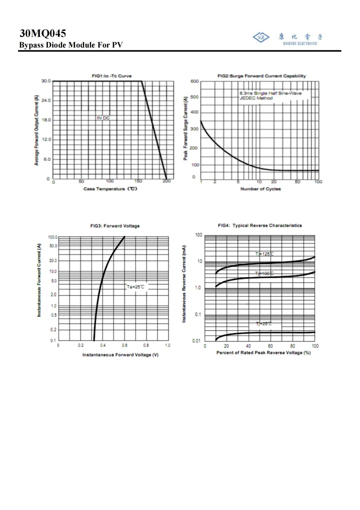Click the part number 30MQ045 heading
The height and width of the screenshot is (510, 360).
point(43,33)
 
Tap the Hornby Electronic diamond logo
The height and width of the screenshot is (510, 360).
point(261,37)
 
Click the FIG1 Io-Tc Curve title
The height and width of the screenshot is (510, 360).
point(112,76)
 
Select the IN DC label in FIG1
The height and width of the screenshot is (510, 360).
point(103,118)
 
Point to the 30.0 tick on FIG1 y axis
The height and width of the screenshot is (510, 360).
point(46,81)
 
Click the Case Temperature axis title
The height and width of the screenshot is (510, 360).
point(110,189)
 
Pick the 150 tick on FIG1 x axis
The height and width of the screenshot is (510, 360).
point(138,181)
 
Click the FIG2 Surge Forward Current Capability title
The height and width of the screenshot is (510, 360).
point(261,76)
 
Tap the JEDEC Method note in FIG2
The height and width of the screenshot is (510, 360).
point(256,98)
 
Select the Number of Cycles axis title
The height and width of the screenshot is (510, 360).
point(260,189)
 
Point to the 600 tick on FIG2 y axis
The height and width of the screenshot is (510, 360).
point(194,81)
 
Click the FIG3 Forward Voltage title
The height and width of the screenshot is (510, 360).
point(115,226)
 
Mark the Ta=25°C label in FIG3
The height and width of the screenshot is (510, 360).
point(135,287)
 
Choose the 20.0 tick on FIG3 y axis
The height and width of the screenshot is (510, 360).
point(53,261)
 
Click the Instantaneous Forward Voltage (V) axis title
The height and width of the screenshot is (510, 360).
point(120,355)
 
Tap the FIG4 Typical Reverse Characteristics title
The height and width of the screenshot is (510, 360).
point(260,226)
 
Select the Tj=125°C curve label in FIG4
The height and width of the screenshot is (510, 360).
point(264,254)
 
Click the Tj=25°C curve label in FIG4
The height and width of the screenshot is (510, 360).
point(264,324)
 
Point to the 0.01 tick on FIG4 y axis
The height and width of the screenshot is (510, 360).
point(196,341)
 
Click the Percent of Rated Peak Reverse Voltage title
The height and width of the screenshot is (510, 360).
point(263,353)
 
